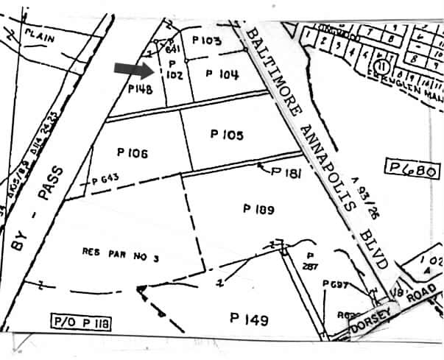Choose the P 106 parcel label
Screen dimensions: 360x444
(x=133, y=153)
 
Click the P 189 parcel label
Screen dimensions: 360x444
(x=258, y=209)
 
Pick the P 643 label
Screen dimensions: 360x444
(x=105, y=179)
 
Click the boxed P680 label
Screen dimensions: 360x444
(x=412, y=172)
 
